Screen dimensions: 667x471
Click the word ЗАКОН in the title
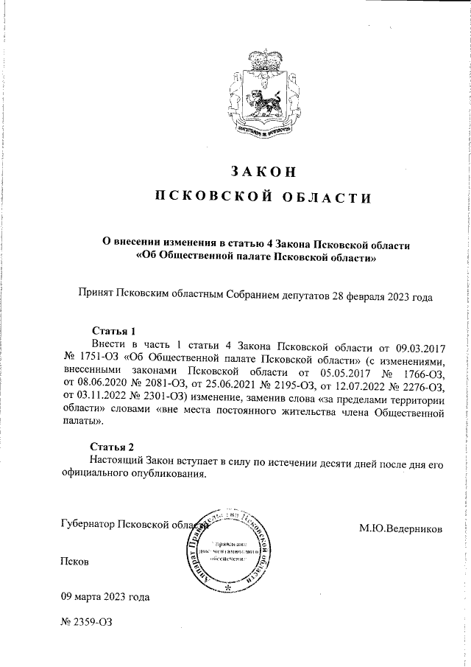263,171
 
